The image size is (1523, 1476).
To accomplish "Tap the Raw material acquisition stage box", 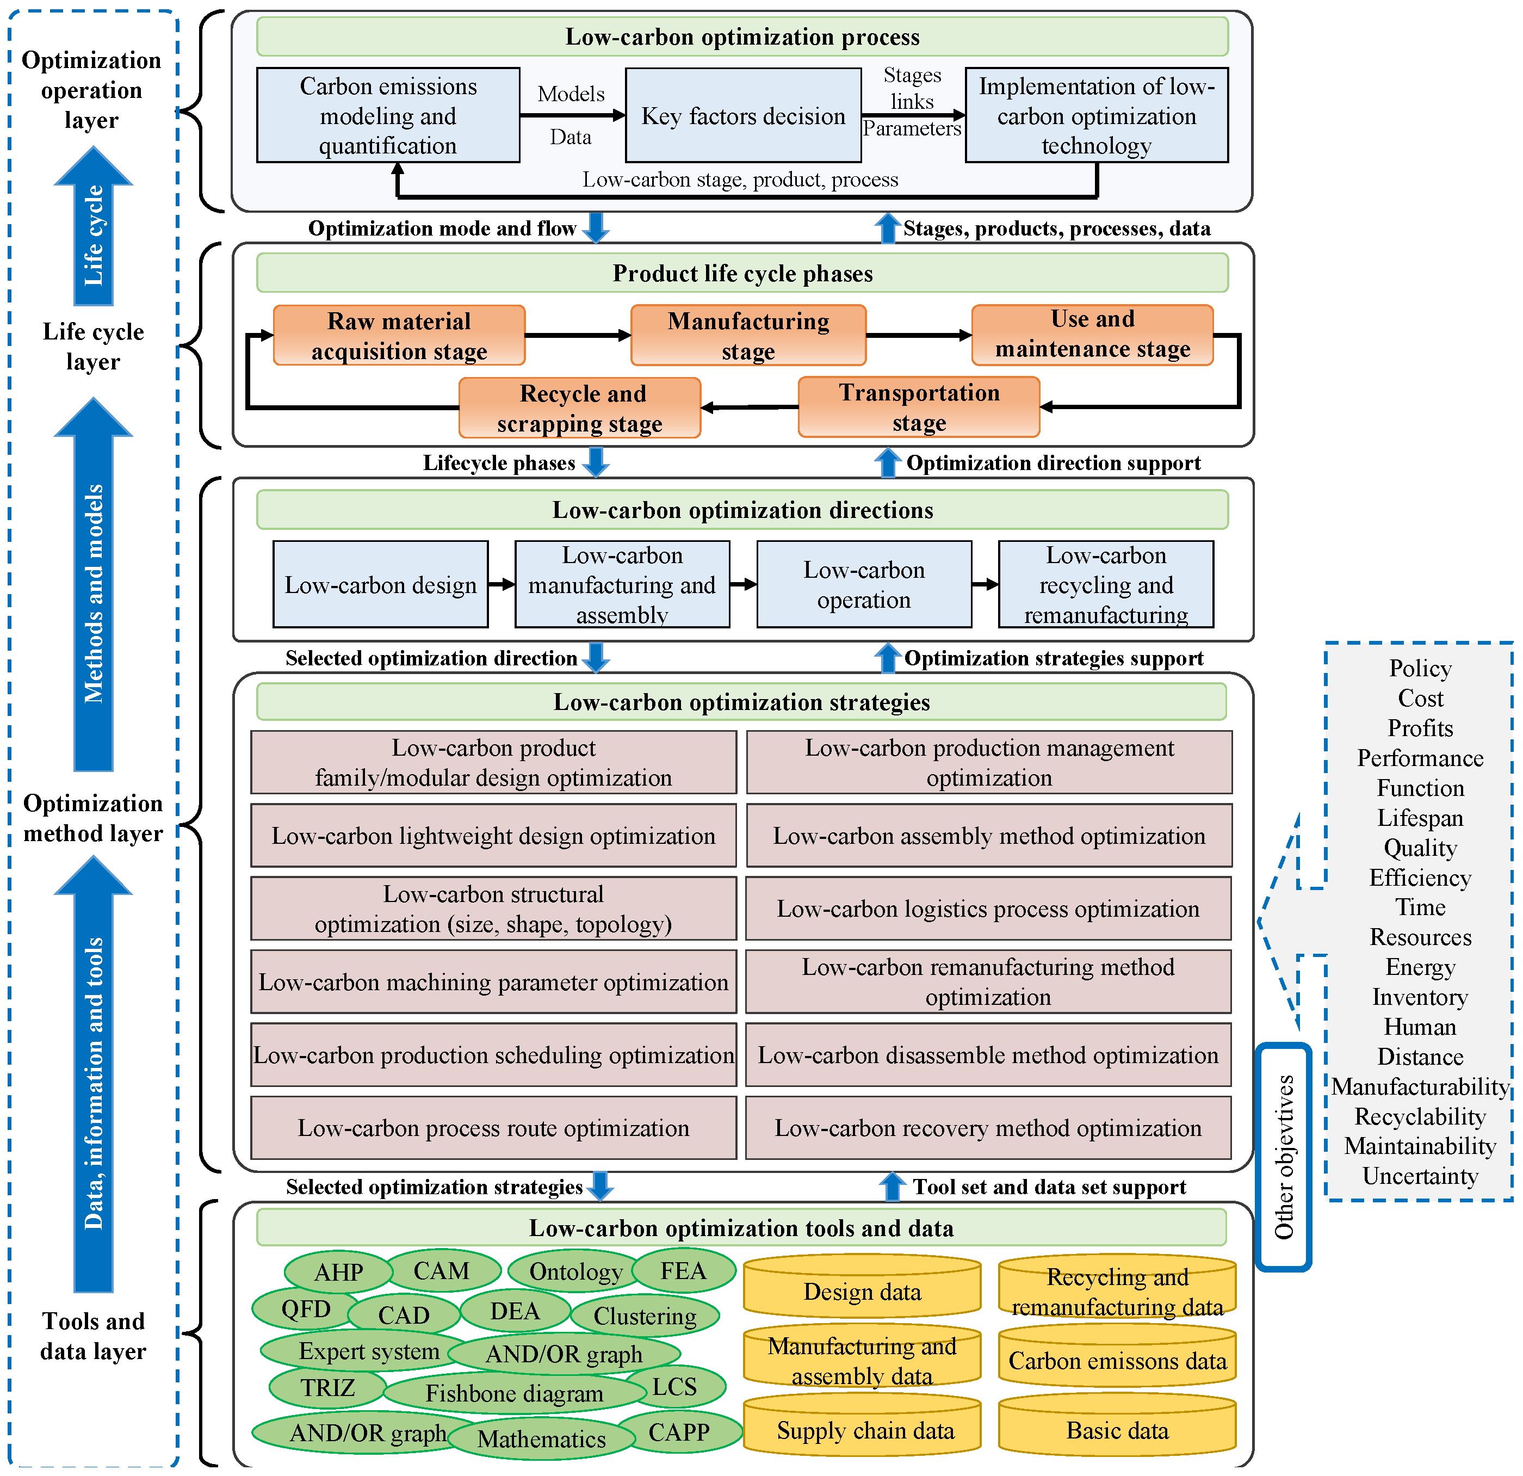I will tap(399, 335).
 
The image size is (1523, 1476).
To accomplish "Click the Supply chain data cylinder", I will tap(864, 1430).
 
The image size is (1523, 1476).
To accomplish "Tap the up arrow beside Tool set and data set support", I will tap(891, 1186).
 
